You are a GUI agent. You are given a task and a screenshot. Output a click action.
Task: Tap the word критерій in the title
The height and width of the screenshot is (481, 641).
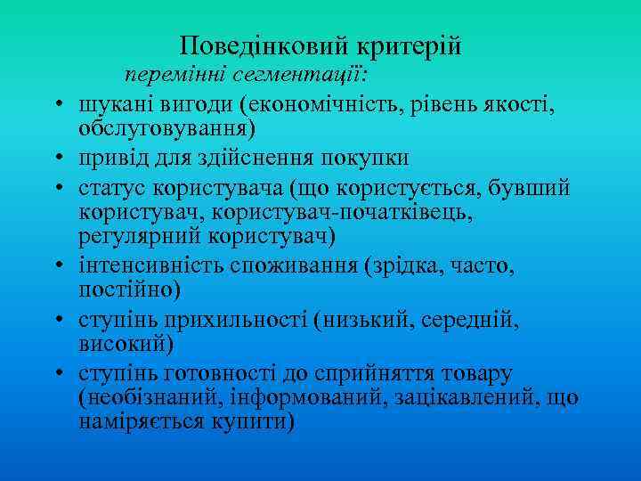coord(410,45)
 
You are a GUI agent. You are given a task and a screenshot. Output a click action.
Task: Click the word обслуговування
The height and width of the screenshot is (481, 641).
coord(166,129)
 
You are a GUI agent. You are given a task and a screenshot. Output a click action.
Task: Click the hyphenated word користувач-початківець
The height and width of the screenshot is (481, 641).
coord(347,213)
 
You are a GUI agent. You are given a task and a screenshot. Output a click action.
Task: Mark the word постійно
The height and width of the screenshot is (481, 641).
coord(128,289)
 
